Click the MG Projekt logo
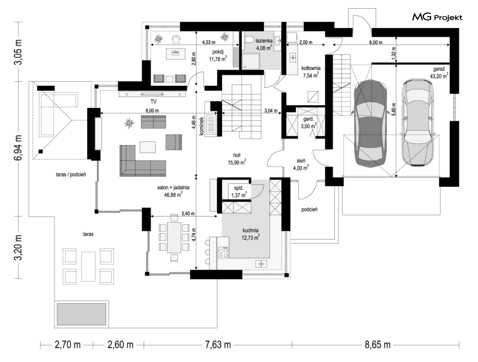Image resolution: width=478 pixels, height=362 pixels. click(x=437, y=17)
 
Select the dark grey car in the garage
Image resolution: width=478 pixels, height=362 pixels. click(x=370, y=123)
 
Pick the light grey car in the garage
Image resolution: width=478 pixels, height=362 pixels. click(x=417, y=122)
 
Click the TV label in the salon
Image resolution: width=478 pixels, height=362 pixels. click(x=153, y=101)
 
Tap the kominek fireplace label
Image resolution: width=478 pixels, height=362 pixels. click(x=201, y=127)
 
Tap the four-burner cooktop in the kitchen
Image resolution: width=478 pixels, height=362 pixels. click(x=223, y=253)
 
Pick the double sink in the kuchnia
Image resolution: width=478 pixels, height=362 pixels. click(x=261, y=264)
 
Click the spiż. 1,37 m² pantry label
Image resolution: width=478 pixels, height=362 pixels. click(x=239, y=192)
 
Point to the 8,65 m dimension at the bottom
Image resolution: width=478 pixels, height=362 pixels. click(x=378, y=345)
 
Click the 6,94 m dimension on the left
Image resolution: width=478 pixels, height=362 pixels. click(x=19, y=148)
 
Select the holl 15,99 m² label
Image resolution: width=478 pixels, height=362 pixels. click(x=237, y=159)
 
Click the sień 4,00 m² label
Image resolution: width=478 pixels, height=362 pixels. click(x=301, y=164)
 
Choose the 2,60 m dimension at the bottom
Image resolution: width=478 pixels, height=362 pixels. click(x=120, y=345)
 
